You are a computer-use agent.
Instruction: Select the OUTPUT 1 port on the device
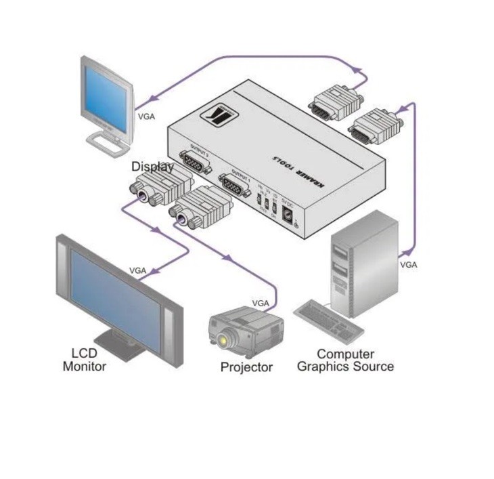233,186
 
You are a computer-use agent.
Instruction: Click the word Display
152,166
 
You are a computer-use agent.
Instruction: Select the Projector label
246,367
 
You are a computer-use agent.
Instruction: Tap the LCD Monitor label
85,360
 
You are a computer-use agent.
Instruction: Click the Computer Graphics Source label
345,360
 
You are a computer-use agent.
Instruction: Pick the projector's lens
223,337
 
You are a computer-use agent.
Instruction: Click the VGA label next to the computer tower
408,265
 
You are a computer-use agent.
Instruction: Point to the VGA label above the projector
261,303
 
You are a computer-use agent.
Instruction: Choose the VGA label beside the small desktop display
146,116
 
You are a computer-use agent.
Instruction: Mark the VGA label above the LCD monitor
138,270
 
